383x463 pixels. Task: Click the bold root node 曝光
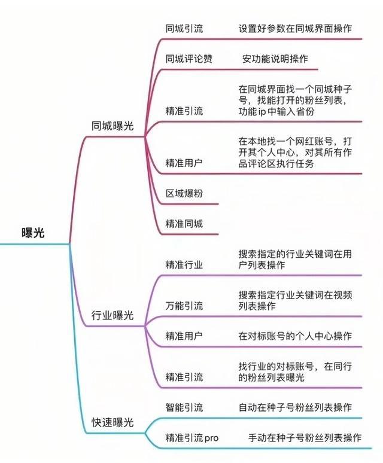point(33,233)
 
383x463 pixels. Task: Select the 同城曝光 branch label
point(113,126)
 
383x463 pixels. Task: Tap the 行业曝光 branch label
point(113,315)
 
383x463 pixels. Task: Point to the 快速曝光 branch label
point(113,422)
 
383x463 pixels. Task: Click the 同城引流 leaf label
point(184,28)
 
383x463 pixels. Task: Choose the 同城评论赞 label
point(189,59)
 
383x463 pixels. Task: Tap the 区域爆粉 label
point(184,193)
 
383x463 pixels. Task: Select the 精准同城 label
point(184,224)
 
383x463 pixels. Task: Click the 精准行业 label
point(184,264)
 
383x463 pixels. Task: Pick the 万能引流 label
point(184,306)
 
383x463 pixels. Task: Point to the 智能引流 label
point(184,407)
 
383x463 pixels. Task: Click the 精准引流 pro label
point(192,438)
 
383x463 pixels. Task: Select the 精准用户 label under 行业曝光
point(184,336)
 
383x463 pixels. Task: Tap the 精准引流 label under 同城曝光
point(184,111)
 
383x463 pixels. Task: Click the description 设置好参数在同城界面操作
point(295,28)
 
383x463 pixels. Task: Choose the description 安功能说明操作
point(275,59)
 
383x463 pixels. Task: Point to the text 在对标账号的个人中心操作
point(295,336)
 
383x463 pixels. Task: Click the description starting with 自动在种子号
point(295,407)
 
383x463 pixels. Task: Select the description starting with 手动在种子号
point(305,438)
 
